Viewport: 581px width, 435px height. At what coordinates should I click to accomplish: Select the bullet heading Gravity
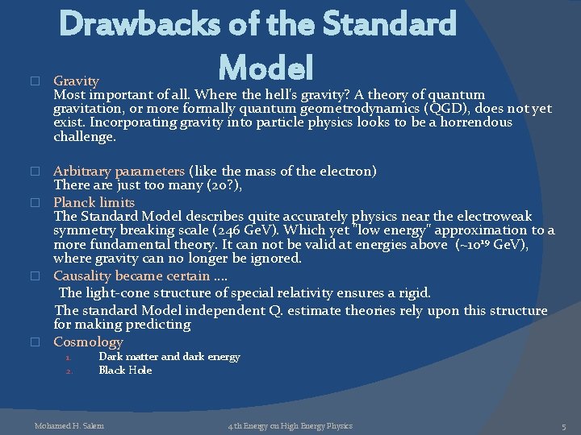[76, 81]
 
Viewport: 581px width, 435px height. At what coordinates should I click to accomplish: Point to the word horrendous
[474, 122]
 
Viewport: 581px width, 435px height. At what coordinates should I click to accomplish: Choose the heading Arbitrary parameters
[119, 171]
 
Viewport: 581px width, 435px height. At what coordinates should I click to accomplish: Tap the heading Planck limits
[94, 201]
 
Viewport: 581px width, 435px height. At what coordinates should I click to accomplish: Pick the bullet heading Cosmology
[88, 342]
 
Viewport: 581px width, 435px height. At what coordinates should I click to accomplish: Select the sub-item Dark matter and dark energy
[169, 356]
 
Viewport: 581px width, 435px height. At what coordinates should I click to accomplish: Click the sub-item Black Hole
[125, 370]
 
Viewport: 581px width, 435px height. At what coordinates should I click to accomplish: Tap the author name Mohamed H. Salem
[69, 425]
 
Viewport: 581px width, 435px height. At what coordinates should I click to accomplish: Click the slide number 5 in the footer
[566, 425]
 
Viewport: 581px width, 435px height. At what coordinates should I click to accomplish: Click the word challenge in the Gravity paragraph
[84, 137]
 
